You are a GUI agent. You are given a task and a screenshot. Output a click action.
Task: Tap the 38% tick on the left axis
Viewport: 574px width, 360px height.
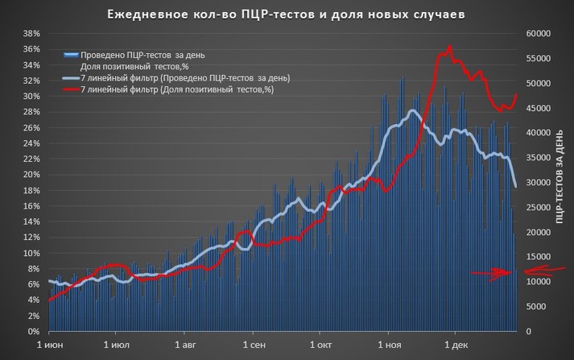click(31, 34)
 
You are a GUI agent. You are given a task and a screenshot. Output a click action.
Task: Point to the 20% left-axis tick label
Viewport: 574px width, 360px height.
click(31, 175)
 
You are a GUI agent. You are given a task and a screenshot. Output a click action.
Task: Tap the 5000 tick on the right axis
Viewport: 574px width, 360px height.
click(542, 307)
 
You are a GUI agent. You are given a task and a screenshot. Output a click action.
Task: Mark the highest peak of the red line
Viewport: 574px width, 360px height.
click(449, 47)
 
